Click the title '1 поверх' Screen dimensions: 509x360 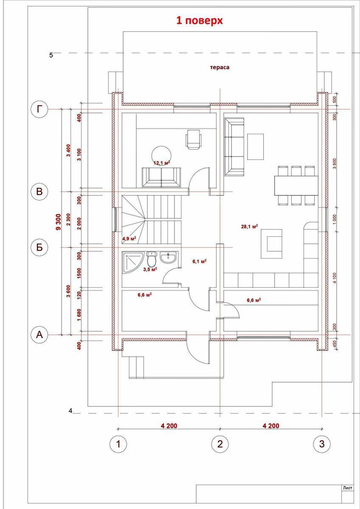[200, 20]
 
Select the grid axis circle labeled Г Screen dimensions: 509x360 [39, 109]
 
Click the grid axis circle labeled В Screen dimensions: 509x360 [39, 191]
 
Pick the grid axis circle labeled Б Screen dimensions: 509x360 [39, 248]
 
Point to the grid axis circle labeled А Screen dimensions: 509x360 [39, 335]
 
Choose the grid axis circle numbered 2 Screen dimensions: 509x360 [220, 444]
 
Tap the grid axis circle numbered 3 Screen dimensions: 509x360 [322, 444]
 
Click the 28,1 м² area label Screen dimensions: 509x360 [250, 227]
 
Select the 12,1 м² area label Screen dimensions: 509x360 [162, 162]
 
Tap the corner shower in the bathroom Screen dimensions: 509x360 [130, 262]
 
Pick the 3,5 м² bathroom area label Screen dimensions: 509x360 [150, 269]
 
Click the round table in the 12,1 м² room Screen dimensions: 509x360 [161, 154]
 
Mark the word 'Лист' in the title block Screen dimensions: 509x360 [347, 488]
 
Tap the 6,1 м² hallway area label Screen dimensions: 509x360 [199, 262]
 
